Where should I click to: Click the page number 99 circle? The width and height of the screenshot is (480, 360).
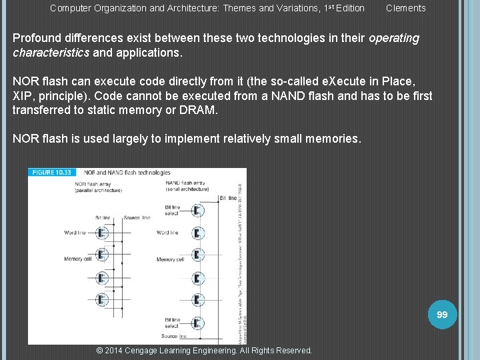(x=442, y=314)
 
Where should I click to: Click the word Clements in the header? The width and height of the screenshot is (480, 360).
(x=405, y=8)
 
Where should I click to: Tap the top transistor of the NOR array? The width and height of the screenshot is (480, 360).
(x=102, y=233)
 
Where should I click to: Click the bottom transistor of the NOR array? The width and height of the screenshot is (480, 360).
(x=102, y=299)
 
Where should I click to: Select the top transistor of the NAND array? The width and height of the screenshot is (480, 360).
(x=197, y=210)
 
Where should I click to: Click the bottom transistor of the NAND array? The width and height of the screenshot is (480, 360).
(x=197, y=322)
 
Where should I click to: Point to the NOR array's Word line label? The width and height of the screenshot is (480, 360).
(x=75, y=233)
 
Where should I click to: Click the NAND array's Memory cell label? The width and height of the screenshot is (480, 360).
(x=171, y=259)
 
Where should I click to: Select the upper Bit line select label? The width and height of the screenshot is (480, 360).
(x=172, y=210)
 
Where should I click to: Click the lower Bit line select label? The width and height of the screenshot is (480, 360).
(x=172, y=323)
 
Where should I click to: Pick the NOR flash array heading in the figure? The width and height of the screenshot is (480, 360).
(x=93, y=183)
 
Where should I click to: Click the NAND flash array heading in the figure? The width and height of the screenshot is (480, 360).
(x=185, y=183)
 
